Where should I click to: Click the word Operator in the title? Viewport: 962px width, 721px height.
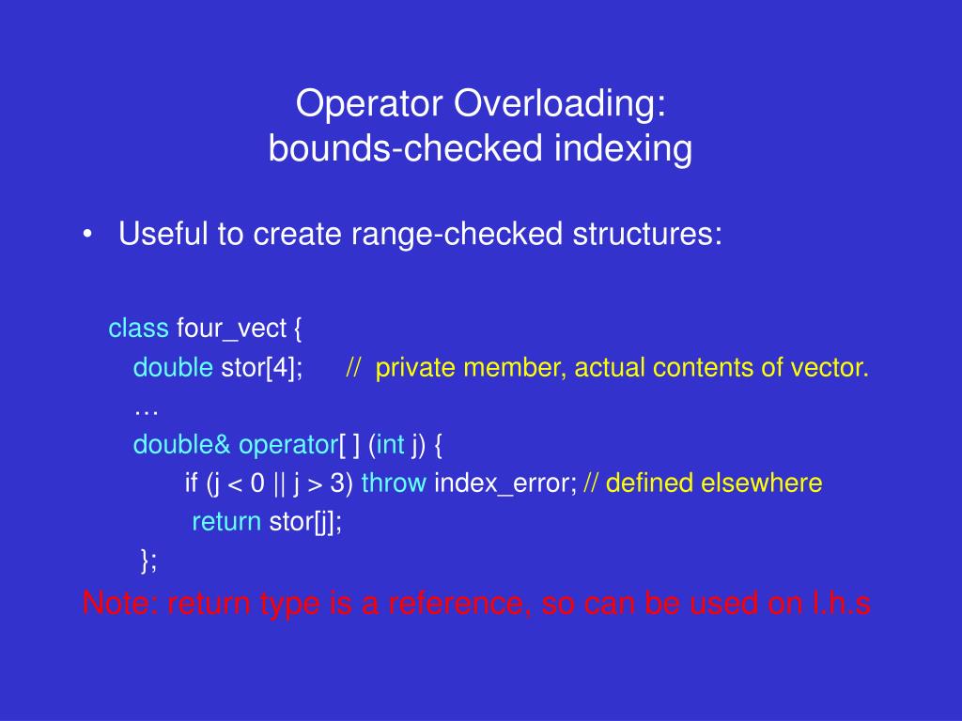pos(368,103)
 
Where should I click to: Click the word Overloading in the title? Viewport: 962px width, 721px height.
pos(560,104)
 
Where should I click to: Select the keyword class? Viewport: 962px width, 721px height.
pos(139,328)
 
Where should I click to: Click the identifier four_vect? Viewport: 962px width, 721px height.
pos(231,330)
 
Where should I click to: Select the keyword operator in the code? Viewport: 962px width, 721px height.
pos(288,445)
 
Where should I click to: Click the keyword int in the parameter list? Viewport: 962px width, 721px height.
pos(390,444)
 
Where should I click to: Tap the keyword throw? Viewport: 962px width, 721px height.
pos(394,483)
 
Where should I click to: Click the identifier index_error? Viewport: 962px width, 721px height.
pos(505,483)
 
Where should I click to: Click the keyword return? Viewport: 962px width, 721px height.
pos(226,522)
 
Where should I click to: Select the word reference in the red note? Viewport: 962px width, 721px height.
pos(458,604)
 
